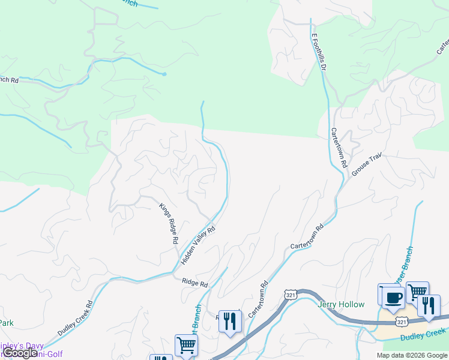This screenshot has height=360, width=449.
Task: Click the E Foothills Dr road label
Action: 318,53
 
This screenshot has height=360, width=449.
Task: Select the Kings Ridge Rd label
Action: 169,223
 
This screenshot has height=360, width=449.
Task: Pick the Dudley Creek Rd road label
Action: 76,317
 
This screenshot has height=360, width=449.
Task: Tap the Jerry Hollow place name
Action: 341,304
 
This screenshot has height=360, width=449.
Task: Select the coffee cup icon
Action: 393,298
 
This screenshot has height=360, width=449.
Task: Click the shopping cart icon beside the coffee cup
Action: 417,292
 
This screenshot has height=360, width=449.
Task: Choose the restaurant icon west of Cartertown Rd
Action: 230,321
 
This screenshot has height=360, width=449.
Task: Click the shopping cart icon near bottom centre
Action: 186,346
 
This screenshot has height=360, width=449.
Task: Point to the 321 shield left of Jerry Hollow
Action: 291,295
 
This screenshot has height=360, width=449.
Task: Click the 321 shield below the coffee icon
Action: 402,322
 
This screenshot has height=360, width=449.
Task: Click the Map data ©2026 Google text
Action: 412,355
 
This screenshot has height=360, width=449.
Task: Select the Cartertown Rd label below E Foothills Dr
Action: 339,147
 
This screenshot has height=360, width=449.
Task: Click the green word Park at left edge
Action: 6,323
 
